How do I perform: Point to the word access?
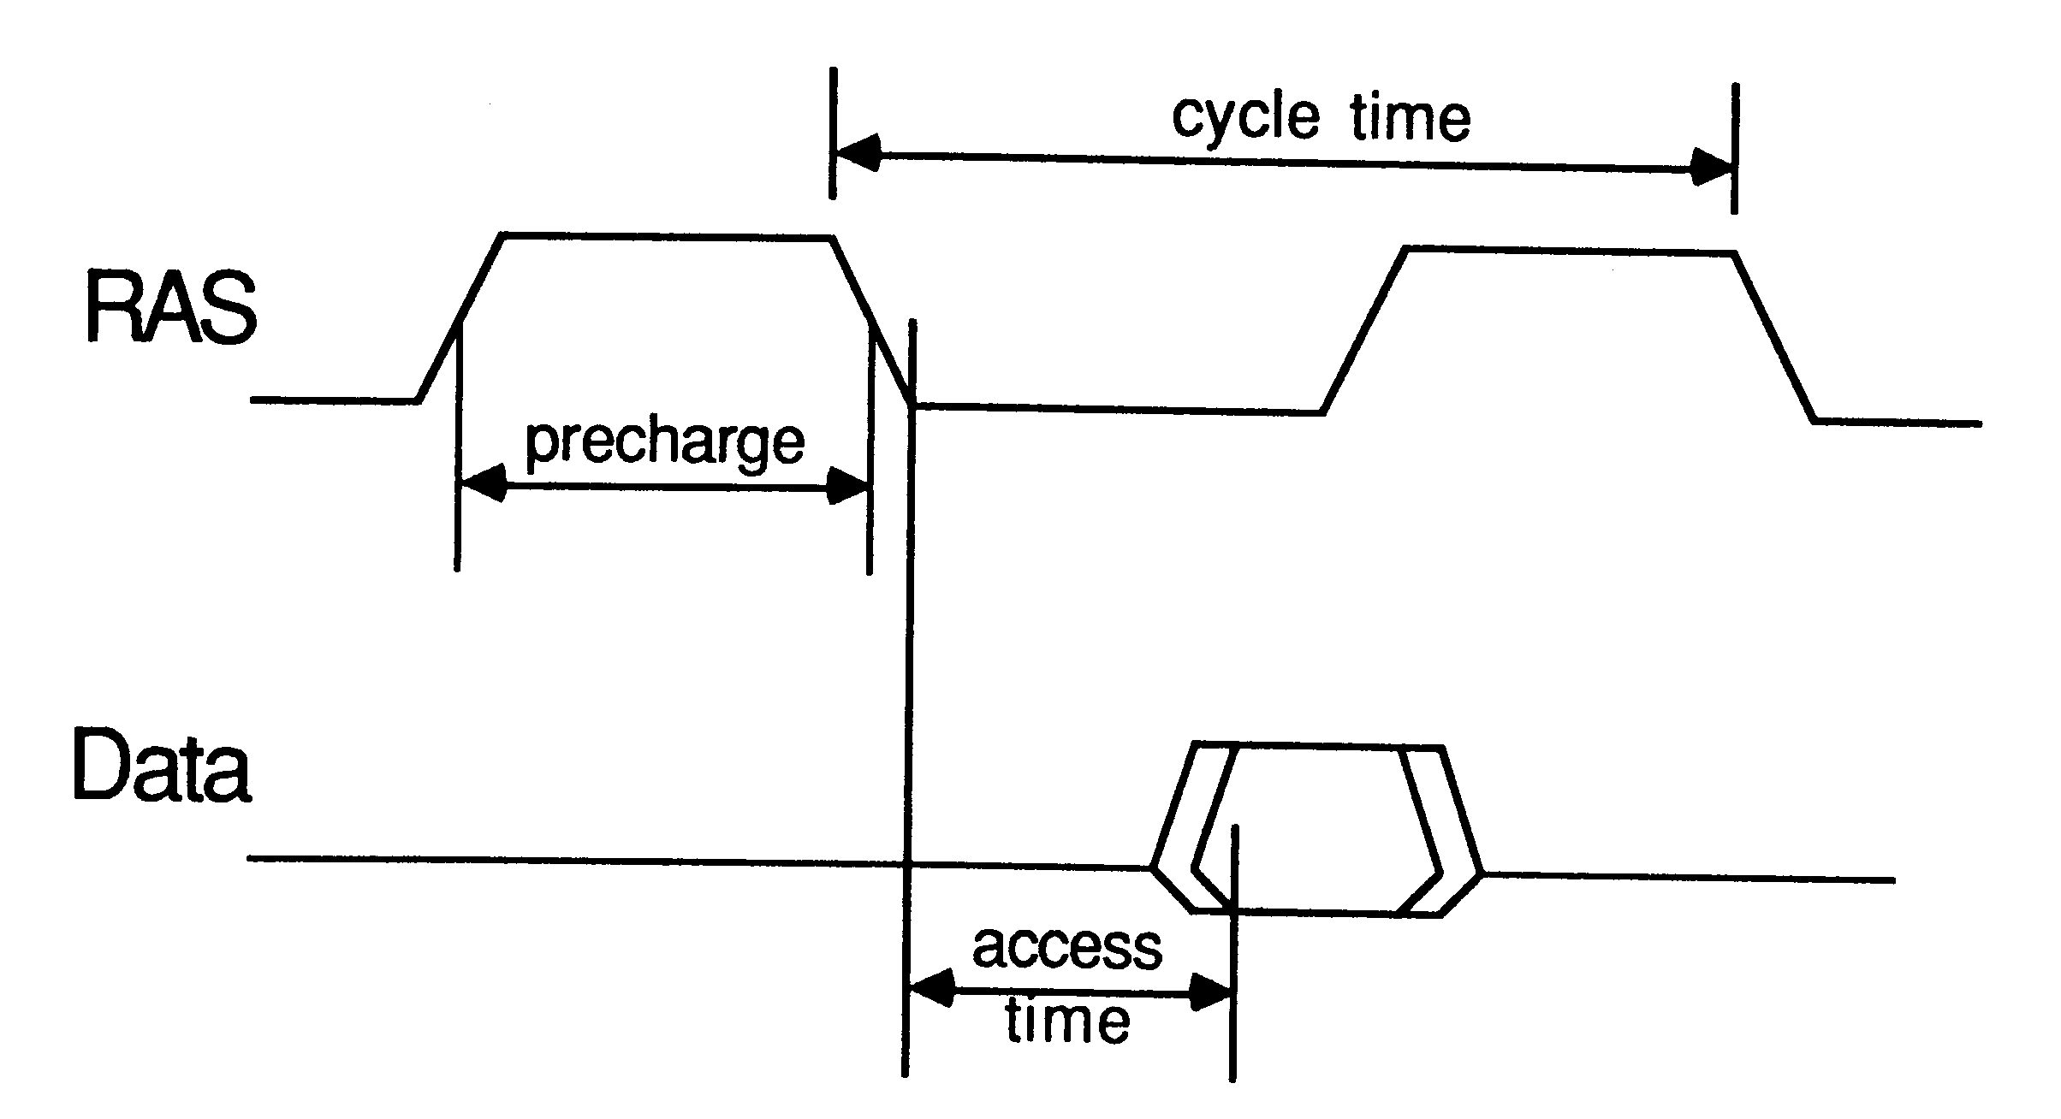[x=1067, y=946]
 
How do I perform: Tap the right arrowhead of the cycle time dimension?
[x=1712, y=169]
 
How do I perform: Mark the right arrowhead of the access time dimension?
[x=1211, y=996]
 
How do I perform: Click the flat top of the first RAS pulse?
[x=668, y=235]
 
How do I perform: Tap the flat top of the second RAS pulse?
[x=1570, y=250]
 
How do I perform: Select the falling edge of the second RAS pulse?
[x=1774, y=337]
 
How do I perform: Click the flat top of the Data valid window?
[x=1318, y=745]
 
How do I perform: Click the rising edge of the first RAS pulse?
[x=460, y=317]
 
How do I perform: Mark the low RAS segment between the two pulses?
[x=1119, y=409]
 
